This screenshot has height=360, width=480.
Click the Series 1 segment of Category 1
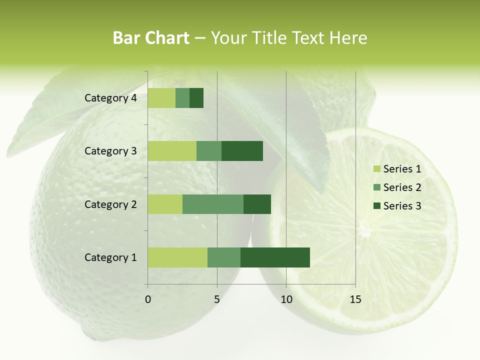[177, 257]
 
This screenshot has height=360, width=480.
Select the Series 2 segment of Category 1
[224, 257]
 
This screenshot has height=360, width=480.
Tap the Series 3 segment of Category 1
[275, 257]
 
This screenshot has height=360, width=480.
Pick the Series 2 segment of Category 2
[213, 204]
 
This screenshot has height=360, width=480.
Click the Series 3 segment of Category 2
[257, 204]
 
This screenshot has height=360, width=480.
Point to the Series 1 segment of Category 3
[172, 151]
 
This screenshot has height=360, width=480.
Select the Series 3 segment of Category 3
[242, 151]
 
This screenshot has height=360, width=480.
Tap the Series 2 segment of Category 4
[182, 98]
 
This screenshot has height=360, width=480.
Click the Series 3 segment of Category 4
[196, 98]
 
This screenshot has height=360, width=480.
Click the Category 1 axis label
[110, 257]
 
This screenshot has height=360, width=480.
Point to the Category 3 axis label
[110, 151]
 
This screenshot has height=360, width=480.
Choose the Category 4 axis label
[110, 98]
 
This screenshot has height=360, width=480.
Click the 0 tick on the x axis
[148, 299]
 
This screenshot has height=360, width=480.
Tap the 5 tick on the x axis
[217, 299]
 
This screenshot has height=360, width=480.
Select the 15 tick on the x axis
[355, 299]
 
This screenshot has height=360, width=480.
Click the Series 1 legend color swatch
[376, 169]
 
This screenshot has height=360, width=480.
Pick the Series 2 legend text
[402, 187]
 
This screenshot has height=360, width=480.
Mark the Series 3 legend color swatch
[376, 206]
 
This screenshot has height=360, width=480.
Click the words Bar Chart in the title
[151, 38]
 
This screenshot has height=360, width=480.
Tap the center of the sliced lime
[364, 231]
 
